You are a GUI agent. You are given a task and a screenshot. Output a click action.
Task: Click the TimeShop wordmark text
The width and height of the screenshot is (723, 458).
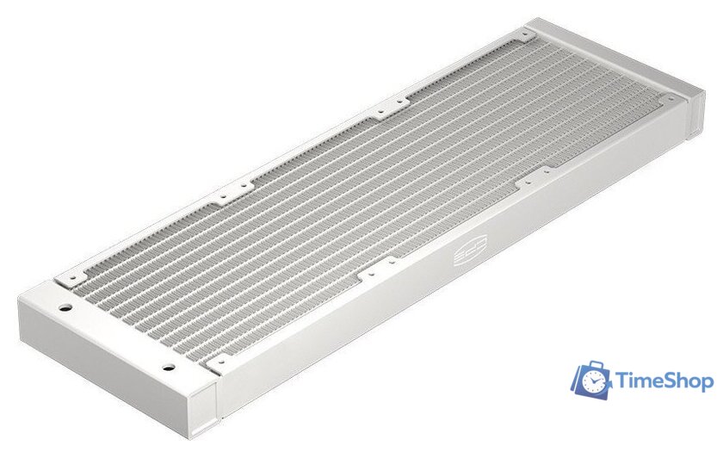click(x=664, y=381)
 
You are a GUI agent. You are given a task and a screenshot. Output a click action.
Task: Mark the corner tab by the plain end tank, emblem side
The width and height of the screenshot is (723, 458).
click(x=668, y=98)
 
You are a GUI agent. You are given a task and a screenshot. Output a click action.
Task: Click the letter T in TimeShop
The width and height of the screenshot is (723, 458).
click(x=621, y=381)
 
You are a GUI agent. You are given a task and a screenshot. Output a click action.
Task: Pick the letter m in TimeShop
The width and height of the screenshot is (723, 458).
click(x=643, y=382)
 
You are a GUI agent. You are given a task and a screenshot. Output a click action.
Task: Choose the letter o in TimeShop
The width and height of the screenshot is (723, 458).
click(x=695, y=382)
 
